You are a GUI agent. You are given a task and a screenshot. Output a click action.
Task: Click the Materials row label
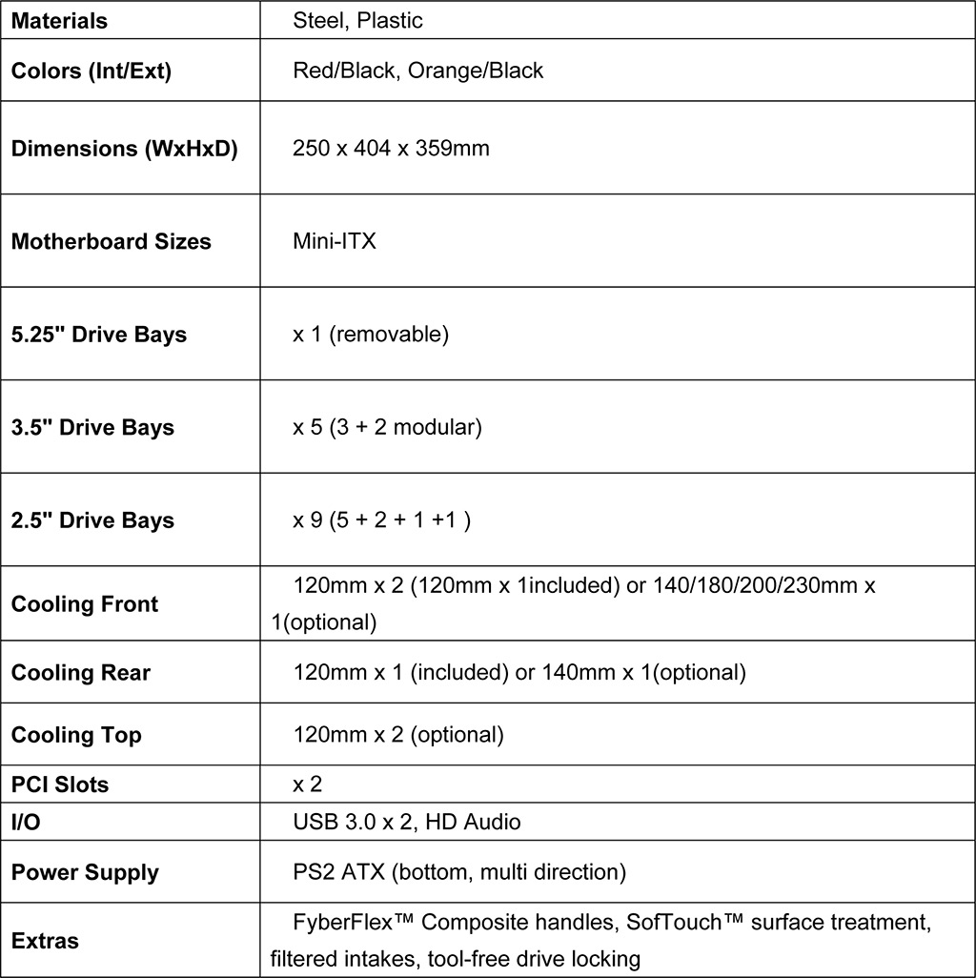tap(59, 20)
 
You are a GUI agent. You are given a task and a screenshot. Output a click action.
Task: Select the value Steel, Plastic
tap(357, 20)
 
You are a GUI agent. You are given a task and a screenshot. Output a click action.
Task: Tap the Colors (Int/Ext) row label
tap(91, 71)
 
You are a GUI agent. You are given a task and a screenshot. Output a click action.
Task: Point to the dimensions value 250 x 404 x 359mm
tap(391, 149)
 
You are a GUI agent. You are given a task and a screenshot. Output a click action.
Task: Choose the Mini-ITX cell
tap(335, 241)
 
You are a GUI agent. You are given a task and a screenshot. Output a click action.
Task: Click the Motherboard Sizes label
tap(112, 241)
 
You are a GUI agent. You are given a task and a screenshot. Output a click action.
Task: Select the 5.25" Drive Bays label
tap(99, 335)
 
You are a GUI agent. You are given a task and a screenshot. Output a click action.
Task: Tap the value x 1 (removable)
tap(370, 335)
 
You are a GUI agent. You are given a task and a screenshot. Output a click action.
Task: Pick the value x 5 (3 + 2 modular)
tap(387, 427)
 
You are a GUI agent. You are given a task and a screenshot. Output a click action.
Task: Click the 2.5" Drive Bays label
tap(92, 520)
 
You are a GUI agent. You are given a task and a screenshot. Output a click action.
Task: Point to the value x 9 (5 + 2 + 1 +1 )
tap(381, 520)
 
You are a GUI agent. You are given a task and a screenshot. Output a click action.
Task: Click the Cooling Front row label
tap(85, 604)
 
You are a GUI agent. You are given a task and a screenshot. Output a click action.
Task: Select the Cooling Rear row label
tap(81, 673)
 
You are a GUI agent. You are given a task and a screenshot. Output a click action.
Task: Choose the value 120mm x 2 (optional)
tap(397, 735)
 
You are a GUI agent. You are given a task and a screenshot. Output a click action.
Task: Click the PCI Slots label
tap(60, 784)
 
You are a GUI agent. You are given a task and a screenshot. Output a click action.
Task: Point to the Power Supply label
tap(85, 872)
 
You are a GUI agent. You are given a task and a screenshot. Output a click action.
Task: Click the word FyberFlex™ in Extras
tap(352, 923)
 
